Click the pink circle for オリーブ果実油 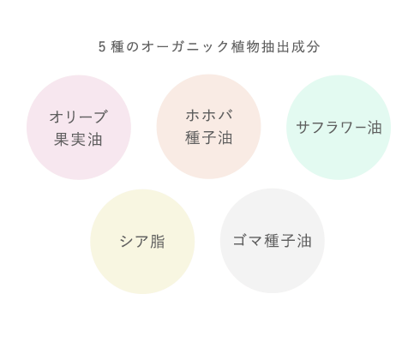(79, 128)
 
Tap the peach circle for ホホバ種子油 (208, 127)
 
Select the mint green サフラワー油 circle (339, 128)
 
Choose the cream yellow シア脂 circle (142, 242)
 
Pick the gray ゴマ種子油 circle (273, 241)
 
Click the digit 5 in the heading (102, 47)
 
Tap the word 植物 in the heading (245, 47)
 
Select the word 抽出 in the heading (275, 47)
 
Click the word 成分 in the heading (305, 47)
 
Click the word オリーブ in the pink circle (79, 117)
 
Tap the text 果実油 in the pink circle (78, 140)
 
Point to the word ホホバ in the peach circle (209, 115)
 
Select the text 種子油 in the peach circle (209, 138)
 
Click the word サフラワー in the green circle (332, 128)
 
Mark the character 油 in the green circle (375, 128)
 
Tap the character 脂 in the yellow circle (158, 242)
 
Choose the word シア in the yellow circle (134, 242)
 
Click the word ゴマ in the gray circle (248, 241)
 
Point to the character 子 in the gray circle (288, 241)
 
